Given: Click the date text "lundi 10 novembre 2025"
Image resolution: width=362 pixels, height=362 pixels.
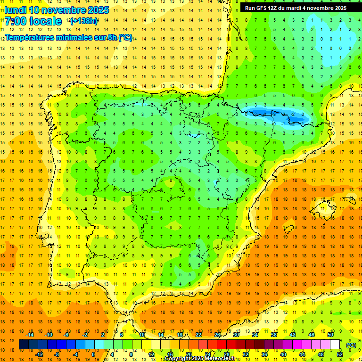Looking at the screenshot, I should pos(57,10).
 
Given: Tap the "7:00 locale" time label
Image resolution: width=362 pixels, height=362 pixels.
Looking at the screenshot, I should pos(33,21).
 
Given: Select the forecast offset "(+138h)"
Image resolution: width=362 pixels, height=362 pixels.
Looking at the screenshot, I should pos(83,21).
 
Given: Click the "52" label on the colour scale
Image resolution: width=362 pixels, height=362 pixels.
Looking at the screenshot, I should pos(340,354).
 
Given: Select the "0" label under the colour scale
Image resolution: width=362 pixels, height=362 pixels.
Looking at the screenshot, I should pos(93,354).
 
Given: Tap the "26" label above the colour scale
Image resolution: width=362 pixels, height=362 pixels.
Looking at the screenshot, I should pos(217,335).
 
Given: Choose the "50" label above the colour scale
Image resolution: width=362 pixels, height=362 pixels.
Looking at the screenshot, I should pos(330,335).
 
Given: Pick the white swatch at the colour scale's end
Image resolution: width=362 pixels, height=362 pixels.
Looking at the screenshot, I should pos(335,345).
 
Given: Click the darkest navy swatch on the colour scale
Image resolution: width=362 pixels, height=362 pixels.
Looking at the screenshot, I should pos(24,345).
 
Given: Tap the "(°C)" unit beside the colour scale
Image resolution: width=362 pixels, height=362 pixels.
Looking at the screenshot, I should pos(351,345).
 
